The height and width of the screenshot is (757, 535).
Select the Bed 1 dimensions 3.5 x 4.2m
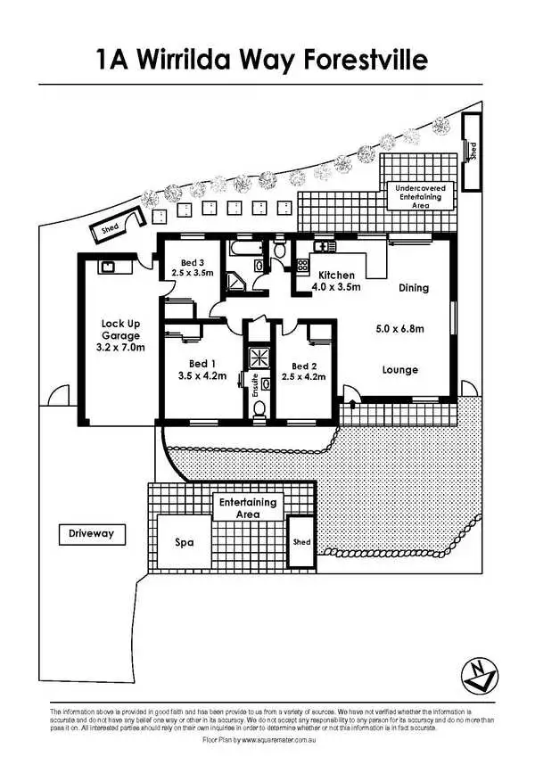[x=202, y=375]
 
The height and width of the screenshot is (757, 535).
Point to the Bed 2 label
[x=303, y=366]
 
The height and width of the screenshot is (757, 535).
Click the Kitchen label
[x=336, y=276]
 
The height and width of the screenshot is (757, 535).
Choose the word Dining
[x=413, y=288]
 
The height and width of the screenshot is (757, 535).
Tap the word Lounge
[x=399, y=369]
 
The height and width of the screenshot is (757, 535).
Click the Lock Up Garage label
[x=123, y=334]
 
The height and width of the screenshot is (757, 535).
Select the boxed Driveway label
[x=92, y=534]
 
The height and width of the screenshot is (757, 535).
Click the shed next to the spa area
[x=300, y=542]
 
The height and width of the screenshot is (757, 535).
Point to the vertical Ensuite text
[x=254, y=385]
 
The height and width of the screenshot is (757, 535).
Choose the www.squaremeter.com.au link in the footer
[x=279, y=740]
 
